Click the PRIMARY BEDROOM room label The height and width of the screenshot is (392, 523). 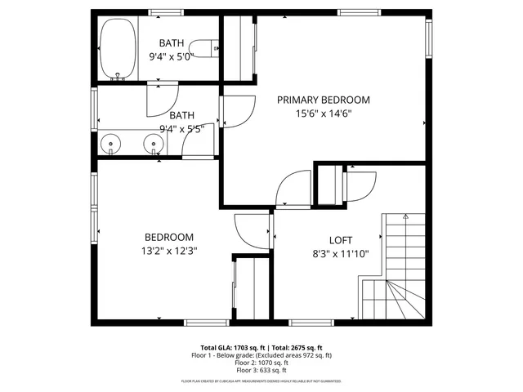pos(323,100)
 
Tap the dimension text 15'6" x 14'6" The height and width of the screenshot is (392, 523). pos(323,114)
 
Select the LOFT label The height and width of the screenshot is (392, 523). pos(341,239)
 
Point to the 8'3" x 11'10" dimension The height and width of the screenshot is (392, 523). pos(341,254)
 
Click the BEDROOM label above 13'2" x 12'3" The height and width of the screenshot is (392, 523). pos(169,237)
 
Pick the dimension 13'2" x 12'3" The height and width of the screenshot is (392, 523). pos(169,252)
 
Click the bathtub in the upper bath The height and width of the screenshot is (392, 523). pos(118,51)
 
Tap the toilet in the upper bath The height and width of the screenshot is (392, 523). pos(211,49)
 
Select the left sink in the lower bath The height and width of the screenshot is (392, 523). pos(111,145)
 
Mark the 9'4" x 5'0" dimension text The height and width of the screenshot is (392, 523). pos(171,57)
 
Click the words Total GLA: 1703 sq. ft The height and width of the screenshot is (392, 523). pos(231,347)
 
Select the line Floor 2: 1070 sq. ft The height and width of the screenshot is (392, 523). pos(261,363)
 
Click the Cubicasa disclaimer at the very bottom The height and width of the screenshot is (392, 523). pos(261,381)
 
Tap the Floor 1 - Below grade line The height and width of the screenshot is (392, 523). pos(261,355)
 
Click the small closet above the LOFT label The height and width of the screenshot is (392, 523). pos(328,185)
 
